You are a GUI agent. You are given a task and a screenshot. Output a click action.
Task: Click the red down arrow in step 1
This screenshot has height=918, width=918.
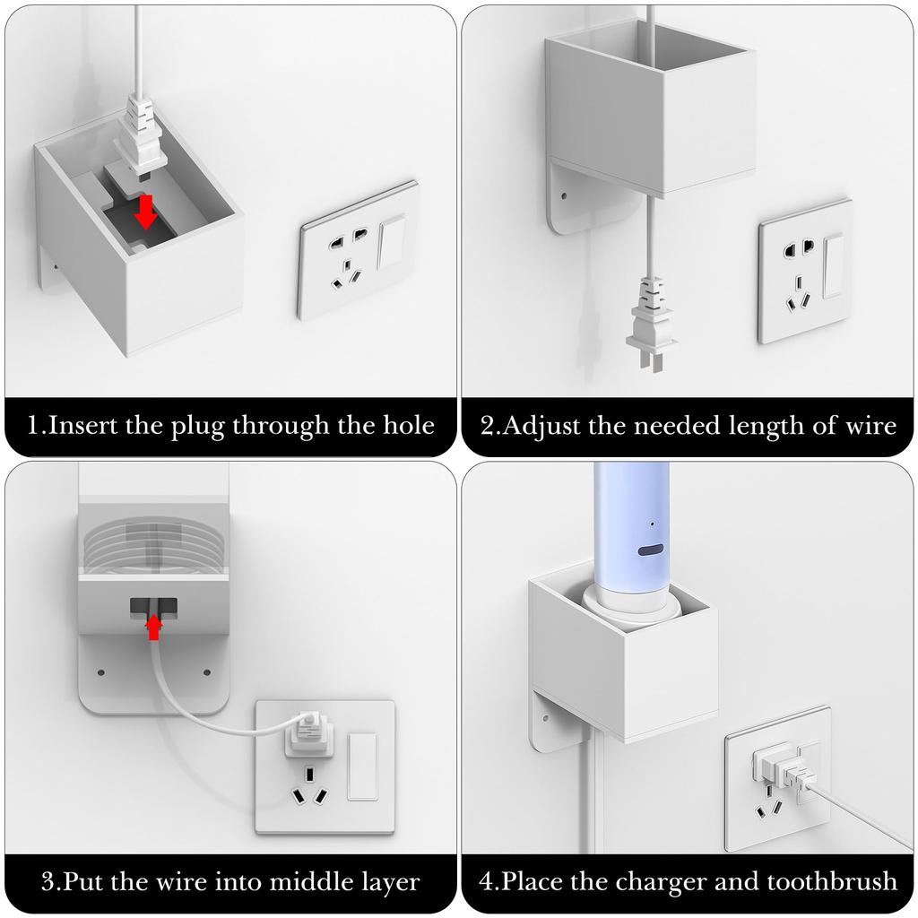point(144,212)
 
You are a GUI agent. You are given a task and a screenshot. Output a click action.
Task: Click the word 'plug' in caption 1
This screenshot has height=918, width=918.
point(197,426)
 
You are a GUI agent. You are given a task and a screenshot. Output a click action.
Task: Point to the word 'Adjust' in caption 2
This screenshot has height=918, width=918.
point(542,426)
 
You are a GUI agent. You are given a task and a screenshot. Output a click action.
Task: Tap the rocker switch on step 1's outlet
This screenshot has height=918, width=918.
point(391,241)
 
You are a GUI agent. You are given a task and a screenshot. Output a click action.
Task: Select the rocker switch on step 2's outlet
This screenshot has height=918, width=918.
point(833,266)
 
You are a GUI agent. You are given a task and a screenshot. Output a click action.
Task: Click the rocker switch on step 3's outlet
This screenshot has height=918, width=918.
point(362,766)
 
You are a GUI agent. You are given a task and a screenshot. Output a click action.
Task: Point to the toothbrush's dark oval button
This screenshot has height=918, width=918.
point(651,550)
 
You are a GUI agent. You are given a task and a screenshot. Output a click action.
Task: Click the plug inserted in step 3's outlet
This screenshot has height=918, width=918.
point(308,734)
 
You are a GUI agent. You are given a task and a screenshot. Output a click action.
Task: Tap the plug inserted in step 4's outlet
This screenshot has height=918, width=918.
point(784,767)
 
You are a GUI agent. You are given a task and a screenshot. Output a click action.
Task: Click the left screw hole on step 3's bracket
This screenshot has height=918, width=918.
point(100,672)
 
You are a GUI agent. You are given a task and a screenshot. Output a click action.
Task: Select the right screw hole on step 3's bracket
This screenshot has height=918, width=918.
point(207,672)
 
